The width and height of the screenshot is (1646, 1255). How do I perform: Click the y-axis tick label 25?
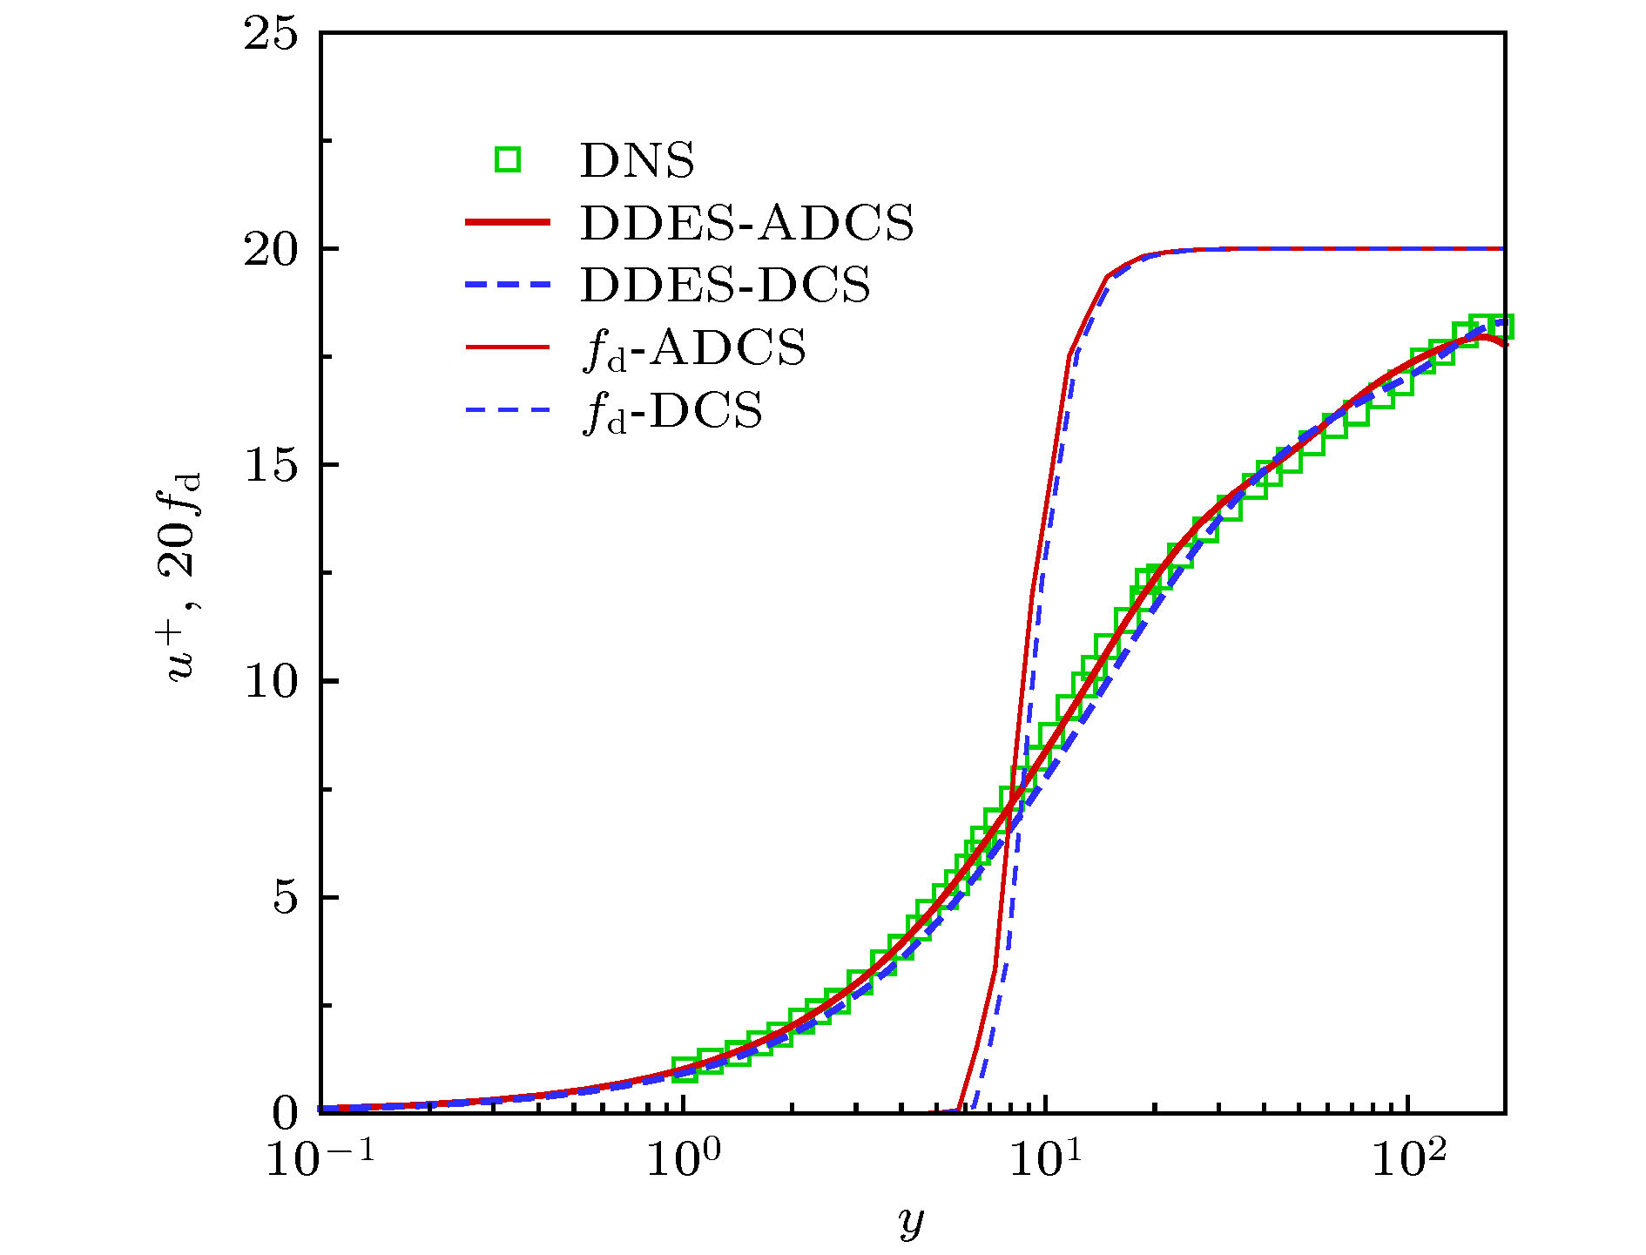pyautogui.click(x=271, y=36)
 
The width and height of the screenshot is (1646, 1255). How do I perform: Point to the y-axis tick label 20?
pyautogui.click(x=271, y=251)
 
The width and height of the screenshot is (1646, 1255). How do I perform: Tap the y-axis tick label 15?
pyautogui.click(x=271, y=466)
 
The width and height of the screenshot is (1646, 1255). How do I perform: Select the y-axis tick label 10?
pyautogui.click(x=271, y=681)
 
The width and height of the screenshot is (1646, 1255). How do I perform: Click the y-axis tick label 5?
pyautogui.click(x=286, y=897)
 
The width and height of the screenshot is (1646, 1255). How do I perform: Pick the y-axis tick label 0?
pyautogui.click(x=286, y=1112)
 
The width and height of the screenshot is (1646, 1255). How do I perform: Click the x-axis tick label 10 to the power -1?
pyautogui.click(x=320, y=1158)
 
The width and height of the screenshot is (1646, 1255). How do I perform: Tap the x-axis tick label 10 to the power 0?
pyautogui.click(x=685, y=1158)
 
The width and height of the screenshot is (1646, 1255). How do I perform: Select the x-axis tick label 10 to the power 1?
pyautogui.click(x=1047, y=1158)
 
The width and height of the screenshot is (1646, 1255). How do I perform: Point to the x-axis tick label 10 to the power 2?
pyautogui.click(x=1409, y=1158)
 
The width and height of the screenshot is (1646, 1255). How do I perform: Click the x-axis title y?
pyautogui.click(x=911, y=1223)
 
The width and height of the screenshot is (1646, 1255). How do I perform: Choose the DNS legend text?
pyautogui.click(x=637, y=161)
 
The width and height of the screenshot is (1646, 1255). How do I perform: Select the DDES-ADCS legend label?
pyautogui.click(x=747, y=224)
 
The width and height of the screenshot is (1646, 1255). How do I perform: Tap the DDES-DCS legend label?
pyautogui.click(x=725, y=286)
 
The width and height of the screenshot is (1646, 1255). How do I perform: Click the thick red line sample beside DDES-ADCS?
pyautogui.click(x=508, y=223)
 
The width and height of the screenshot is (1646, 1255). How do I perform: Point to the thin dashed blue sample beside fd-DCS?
pyautogui.click(x=508, y=410)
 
